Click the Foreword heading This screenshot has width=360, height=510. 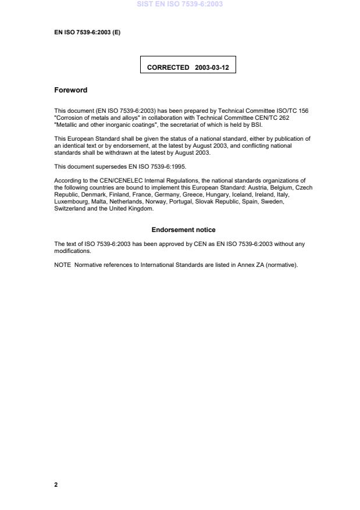tap(70, 90)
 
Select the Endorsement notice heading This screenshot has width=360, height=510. tap(183, 230)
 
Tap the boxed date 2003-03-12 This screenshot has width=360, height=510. tap(212, 67)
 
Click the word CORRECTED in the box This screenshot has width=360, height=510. tap(168, 67)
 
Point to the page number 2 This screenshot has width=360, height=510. tap(56, 484)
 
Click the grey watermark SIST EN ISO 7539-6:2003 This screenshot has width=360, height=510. tap(180, 4)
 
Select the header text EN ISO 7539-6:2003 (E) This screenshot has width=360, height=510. tap(87, 32)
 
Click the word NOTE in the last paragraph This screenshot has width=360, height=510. tap(62, 265)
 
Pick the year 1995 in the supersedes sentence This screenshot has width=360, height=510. tap(177, 166)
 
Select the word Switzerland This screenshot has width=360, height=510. tap(70, 208)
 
